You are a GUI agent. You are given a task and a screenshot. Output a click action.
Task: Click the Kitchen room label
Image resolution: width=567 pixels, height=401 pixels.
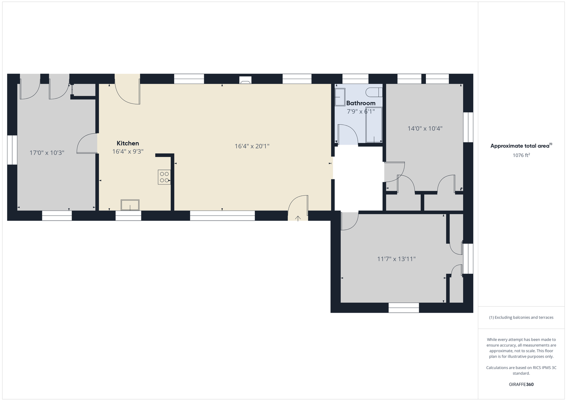tap(128, 143)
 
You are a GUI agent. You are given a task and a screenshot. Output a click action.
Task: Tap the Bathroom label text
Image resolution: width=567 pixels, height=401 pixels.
tap(361, 103)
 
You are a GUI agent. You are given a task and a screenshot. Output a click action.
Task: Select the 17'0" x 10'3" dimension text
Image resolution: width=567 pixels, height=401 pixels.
tap(47, 153)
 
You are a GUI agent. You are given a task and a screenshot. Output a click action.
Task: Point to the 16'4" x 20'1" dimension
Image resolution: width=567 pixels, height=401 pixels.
tap(252, 146)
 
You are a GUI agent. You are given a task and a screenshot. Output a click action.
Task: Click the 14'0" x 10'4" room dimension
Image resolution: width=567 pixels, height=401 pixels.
tap(425, 128)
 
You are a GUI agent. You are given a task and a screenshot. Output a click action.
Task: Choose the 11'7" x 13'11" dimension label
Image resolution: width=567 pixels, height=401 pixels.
tap(397, 259)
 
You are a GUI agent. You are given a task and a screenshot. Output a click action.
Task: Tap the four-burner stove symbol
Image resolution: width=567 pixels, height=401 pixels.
tap(164, 177)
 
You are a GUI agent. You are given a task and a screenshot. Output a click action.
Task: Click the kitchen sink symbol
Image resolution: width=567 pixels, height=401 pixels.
tap(130, 205)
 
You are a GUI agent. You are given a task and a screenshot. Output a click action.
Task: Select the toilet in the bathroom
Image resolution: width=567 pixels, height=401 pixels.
tap(374, 92)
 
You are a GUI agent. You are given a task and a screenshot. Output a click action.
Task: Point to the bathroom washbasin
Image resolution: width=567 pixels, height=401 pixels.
tap(340, 97)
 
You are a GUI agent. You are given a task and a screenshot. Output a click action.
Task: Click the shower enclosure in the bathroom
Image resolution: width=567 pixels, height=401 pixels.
tap(374, 124)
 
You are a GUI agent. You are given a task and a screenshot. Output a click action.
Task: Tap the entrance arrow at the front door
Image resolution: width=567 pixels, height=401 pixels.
tap(298, 218)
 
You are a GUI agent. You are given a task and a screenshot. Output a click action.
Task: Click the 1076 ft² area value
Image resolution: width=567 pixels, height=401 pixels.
tap(521, 155)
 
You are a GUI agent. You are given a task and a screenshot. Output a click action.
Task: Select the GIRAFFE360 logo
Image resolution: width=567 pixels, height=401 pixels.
tap(521, 384)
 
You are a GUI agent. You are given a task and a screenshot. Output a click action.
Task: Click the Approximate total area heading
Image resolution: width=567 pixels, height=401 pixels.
tap(521, 146)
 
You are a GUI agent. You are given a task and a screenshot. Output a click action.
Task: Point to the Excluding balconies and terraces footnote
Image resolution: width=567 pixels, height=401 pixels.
tap(521, 317)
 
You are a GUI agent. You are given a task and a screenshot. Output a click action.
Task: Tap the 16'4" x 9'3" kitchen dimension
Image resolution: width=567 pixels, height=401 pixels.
tap(128, 151)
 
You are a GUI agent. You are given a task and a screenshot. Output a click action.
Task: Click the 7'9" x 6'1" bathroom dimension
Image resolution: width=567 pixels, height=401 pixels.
tap(361, 111)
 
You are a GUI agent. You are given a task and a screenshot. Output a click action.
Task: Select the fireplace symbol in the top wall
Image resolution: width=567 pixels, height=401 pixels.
tap(245, 80)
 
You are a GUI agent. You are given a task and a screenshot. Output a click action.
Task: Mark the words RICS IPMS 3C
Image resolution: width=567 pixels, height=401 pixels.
tap(543, 368)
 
